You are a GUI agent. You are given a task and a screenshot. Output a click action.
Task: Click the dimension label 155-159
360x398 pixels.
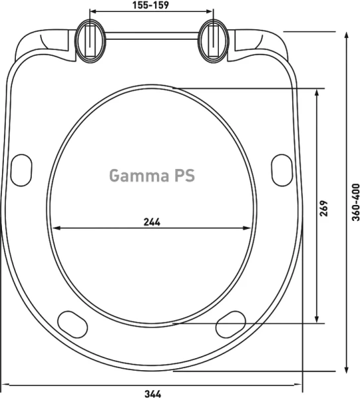coord(152,5)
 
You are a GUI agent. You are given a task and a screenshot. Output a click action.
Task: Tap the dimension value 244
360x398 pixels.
coord(152,222)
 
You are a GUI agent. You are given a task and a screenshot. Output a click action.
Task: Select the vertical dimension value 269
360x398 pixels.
coord(324,211)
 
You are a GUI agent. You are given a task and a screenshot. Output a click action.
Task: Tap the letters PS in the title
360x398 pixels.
coord(183,176)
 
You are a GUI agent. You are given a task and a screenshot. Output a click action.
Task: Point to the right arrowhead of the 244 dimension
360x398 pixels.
coord(249,228)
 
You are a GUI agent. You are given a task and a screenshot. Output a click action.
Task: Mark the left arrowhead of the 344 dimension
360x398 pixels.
coord(5,383)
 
